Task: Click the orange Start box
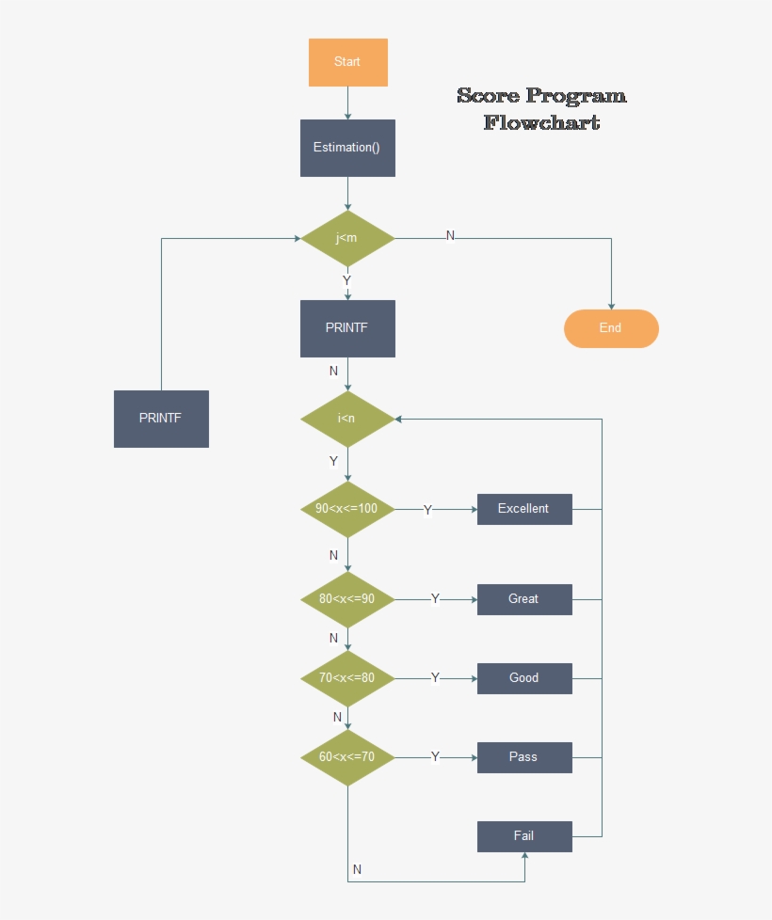(347, 62)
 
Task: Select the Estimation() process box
(347, 148)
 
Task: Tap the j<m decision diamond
(347, 238)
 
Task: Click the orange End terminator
(611, 328)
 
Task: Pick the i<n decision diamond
(347, 419)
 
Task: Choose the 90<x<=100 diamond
(347, 509)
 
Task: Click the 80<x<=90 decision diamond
(347, 599)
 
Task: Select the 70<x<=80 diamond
(347, 678)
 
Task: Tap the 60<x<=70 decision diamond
(347, 757)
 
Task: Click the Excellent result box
(524, 509)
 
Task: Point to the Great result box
(524, 599)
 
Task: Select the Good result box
(524, 678)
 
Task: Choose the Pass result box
(524, 757)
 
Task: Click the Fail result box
(524, 836)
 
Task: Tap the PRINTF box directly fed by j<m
(347, 328)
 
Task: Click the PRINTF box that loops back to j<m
(161, 419)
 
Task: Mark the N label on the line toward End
(450, 235)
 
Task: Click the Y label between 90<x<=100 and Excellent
(427, 510)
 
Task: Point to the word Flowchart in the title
(541, 122)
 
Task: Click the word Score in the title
(489, 96)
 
